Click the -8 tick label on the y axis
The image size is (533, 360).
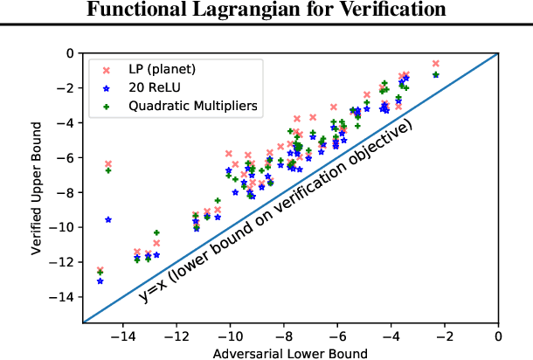click(x=66, y=192)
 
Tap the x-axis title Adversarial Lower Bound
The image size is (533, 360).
click(x=290, y=353)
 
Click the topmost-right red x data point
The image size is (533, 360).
click(x=436, y=63)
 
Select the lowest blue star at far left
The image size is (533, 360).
click(x=100, y=281)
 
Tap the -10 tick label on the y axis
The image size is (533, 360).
click(x=64, y=227)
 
